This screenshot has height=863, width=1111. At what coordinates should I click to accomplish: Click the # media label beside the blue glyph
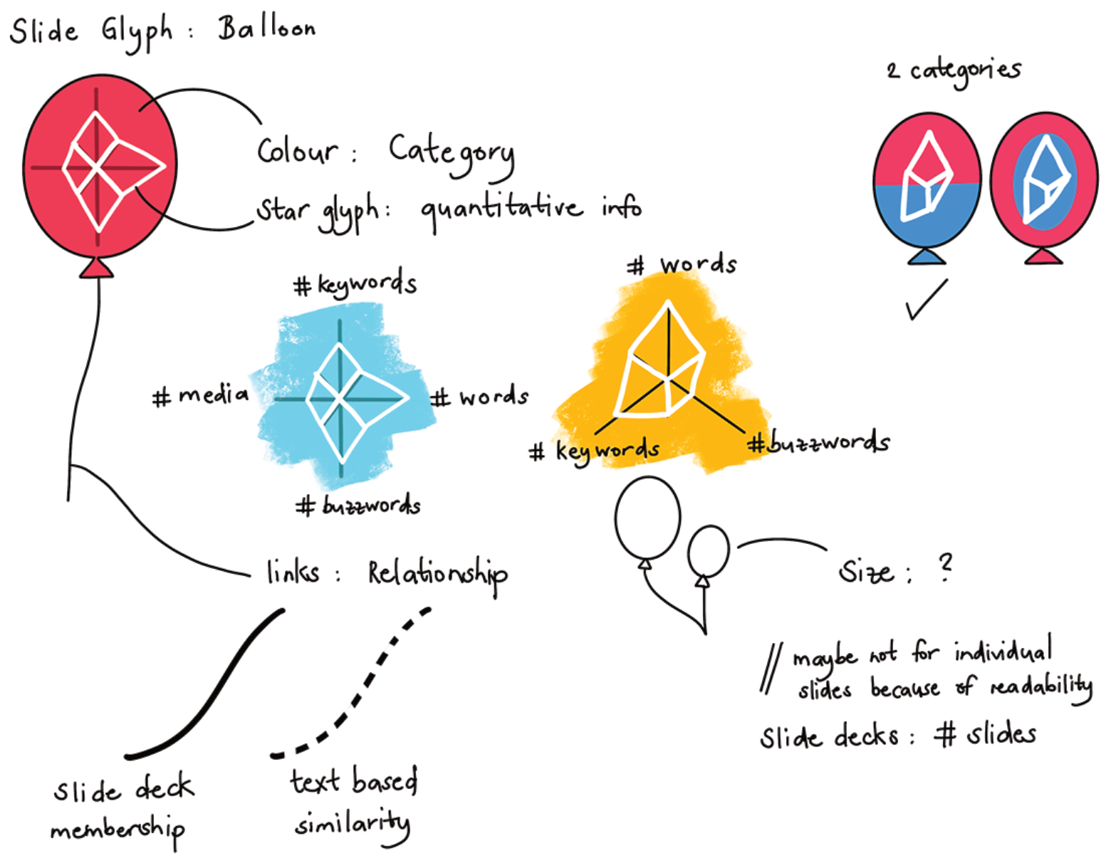(200, 395)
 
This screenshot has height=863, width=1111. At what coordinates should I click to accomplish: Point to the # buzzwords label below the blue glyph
(358, 506)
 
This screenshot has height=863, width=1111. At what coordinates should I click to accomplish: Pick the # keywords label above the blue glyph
(355, 283)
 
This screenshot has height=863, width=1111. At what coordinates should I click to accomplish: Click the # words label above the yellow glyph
(682, 264)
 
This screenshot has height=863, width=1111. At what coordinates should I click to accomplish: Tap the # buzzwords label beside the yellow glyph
(818, 442)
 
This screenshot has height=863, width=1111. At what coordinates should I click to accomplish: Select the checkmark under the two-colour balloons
(926, 300)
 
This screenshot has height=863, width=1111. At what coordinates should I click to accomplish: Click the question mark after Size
(946, 567)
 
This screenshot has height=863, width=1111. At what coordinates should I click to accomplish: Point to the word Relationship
(438, 575)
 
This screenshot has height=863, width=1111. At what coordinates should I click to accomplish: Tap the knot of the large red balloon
(97, 268)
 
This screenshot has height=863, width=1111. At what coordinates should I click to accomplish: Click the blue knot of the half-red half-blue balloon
(927, 256)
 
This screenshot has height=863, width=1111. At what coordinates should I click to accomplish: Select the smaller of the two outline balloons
(708, 552)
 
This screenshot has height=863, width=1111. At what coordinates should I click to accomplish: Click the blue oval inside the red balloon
(1045, 182)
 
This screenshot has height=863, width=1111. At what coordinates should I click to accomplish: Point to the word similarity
(353, 826)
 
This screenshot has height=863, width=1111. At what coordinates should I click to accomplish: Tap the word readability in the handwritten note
(1041, 687)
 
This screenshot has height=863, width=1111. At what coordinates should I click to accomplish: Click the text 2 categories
(954, 71)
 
